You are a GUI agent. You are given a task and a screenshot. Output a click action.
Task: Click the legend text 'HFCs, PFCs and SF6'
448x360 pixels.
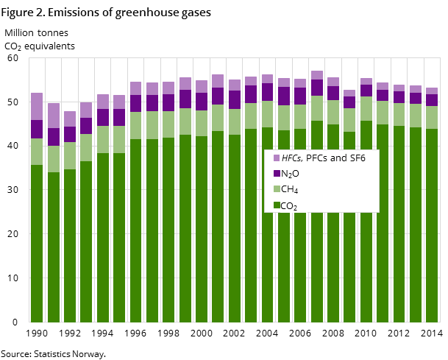pyautogui.click(x=323, y=158)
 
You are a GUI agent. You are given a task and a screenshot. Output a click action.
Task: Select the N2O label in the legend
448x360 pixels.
pyautogui.click(x=290, y=174)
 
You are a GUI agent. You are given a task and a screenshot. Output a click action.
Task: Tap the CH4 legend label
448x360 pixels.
pyautogui.click(x=290, y=190)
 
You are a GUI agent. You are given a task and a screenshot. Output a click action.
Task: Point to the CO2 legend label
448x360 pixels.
pyautogui.click(x=289, y=206)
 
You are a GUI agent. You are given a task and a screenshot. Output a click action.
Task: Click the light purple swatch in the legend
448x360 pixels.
pyautogui.click(x=277, y=158)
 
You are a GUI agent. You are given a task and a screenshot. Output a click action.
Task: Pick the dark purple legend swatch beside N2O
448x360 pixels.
pyautogui.click(x=277, y=174)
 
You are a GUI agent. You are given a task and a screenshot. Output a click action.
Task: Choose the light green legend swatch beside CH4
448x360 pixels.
pyautogui.click(x=277, y=190)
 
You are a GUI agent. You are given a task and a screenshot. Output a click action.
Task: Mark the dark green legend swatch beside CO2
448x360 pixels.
pyautogui.click(x=277, y=205)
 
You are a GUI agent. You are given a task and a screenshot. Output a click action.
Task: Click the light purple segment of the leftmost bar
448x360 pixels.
pyautogui.click(x=37, y=106)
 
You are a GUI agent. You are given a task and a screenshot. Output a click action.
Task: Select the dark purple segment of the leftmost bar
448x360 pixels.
pyautogui.click(x=37, y=129)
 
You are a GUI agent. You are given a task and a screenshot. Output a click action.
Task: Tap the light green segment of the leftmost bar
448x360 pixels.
pyautogui.click(x=37, y=152)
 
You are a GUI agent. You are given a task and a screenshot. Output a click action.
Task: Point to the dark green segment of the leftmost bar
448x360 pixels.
pyautogui.click(x=37, y=243)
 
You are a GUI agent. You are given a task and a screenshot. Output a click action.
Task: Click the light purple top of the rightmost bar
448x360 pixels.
pyautogui.click(x=432, y=91)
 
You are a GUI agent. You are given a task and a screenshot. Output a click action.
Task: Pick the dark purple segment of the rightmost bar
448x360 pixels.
pyautogui.click(x=432, y=100)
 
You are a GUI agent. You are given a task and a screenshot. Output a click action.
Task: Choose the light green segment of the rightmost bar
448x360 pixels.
pyautogui.click(x=432, y=118)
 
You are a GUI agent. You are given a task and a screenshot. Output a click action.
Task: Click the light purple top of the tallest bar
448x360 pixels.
pyautogui.click(x=317, y=75)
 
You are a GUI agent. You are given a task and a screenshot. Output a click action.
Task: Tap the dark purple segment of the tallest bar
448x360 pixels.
pyautogui.click(x=317, y=88)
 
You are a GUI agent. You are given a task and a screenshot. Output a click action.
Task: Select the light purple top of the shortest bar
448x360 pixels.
pyautogui.click(x=70, y=119)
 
